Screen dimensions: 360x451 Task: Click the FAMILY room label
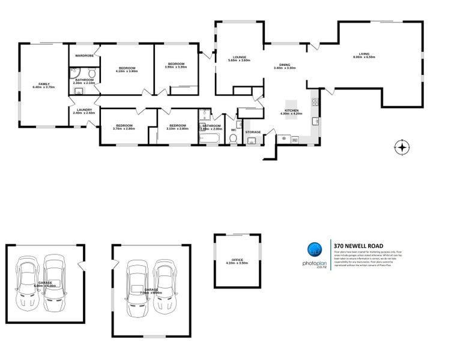[x=43, y=83]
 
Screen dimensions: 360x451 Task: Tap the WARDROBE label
[x=84, y=55]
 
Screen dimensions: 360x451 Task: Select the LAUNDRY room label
[x=84, y=109]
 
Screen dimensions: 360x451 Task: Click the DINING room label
[x=285, y=64]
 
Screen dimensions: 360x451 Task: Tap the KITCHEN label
[x=291, y=110]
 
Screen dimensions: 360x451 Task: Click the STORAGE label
[x=253, y=131]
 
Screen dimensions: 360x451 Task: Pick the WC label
[x=234, y=129]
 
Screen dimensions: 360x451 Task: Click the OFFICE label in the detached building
[x=237, y=260]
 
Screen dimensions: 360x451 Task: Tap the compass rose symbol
[x=402, y=146]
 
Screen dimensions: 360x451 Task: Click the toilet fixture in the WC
[x=234, y=139]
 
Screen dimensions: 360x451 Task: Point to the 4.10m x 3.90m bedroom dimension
[x=127, y=71]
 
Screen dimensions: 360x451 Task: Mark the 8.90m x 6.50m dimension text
[x=365, y=58]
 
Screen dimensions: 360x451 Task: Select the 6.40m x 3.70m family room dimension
[x=43, y=87]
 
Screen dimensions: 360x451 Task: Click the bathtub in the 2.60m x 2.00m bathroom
[x=211, y=140]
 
